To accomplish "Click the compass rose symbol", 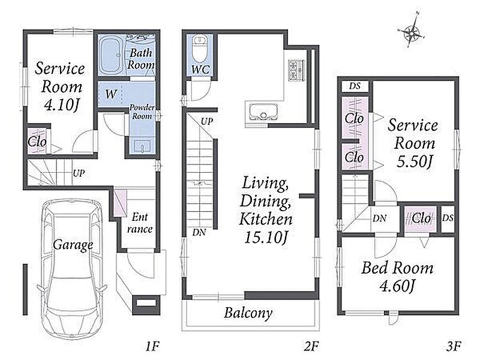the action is pos(412,31).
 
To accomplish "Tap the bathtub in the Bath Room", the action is pos(112,55).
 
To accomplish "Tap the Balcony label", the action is pos(248,313).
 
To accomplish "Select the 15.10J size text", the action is pos(266,237).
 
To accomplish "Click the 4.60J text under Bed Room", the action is pos(397,286).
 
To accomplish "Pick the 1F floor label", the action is pos(152,346).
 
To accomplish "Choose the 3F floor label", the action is pos(454,346).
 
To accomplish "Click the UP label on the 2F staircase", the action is pos(207,122).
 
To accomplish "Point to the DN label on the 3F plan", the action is pos(380,218).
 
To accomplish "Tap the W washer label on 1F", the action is pos(111,94).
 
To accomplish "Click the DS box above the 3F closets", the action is pos(355,86).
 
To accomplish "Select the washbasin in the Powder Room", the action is pos(143,146).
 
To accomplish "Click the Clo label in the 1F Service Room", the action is pos(37,142).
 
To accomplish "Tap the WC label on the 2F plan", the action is pos(200,70).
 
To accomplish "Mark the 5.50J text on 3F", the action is pos(415,161).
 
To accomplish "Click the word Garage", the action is pos(73,245).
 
